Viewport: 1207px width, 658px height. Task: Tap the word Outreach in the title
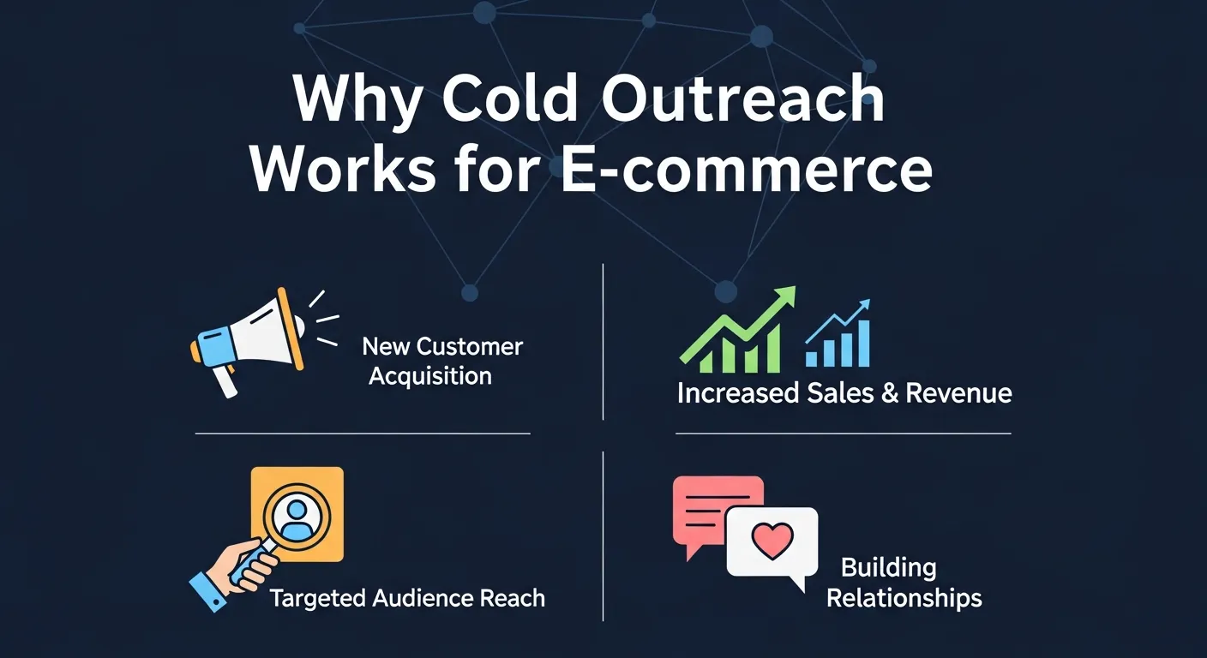tap(742, 102)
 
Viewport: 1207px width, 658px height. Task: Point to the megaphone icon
tap(249, 334)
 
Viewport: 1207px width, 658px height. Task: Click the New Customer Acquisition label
tap(441, 361)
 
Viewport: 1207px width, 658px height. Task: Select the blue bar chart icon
tap(838, 338)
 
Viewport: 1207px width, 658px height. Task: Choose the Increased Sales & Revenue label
tap(844, 393)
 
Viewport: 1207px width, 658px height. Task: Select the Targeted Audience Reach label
tap(407, 598)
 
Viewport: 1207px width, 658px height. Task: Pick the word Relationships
tap(904, 597)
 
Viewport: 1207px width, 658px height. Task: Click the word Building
tap(888, 567)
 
